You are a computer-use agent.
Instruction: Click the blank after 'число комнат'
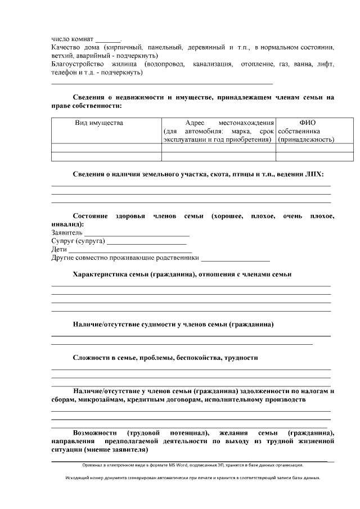[107, 39]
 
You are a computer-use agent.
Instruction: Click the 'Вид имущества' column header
[99, 123]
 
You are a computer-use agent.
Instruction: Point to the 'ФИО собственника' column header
[307, 130]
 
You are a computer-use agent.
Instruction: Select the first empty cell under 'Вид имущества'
[107, 148]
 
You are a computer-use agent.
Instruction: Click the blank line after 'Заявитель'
[137, 233]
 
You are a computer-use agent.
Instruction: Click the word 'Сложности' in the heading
[92, 358]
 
